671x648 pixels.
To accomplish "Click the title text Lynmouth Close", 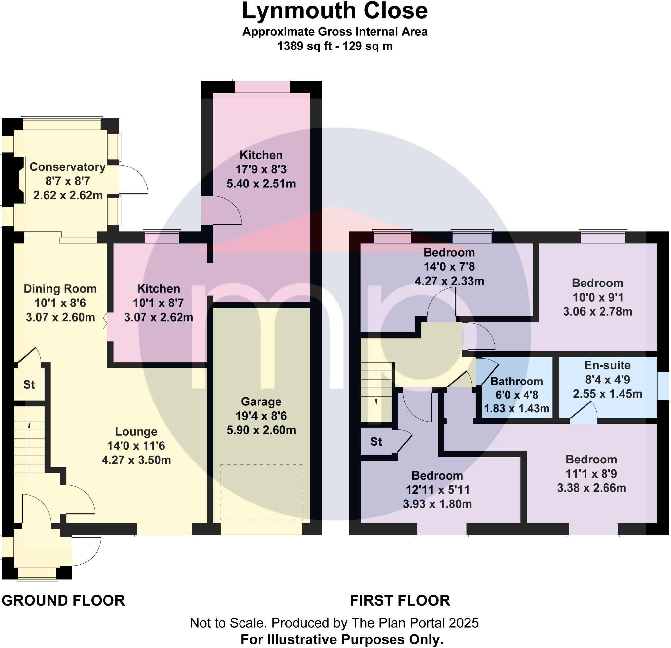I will [335, 11].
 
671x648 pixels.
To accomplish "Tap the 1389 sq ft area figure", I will [304, 46].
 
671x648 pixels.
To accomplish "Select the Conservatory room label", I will [67, 167].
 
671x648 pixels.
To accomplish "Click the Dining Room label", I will [60, 289].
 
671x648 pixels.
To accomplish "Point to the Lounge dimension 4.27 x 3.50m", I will [136, 460].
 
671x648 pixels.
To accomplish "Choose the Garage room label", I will [261, 402].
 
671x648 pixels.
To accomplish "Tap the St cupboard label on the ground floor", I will [29, 384].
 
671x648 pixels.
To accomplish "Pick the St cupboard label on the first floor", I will [376, 442].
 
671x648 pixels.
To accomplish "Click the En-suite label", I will [607, 365].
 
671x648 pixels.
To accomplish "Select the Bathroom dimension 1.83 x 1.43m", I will [517, 409].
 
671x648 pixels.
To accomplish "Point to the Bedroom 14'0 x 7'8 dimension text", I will [449, 266].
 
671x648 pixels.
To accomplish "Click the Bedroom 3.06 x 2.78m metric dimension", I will [597, 311].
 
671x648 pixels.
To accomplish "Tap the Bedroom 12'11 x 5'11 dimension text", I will [437, 490].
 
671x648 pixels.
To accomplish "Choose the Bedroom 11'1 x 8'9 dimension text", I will [591, 474].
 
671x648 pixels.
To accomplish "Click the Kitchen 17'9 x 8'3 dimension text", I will [261, 169].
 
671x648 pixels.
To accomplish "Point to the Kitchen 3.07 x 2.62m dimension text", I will [158, 317].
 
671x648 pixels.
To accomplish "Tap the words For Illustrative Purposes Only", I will [342, 639].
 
